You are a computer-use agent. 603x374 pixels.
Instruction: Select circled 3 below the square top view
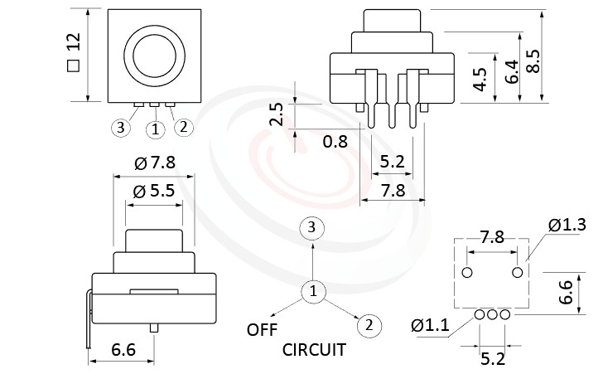(121, 128)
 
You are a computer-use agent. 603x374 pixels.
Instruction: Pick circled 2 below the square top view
(184, 128)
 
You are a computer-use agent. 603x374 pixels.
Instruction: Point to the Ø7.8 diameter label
(155, 163)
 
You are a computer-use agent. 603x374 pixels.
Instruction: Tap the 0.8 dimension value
(335, 142)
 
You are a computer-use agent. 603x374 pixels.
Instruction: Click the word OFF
(262, 330)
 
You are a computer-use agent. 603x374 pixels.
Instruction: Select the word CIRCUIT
(314, 350)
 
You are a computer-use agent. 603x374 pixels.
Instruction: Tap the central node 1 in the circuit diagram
(312, 291)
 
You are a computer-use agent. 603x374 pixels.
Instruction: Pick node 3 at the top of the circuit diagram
(311, 227)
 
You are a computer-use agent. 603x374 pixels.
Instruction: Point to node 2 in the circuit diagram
(369, 326)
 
